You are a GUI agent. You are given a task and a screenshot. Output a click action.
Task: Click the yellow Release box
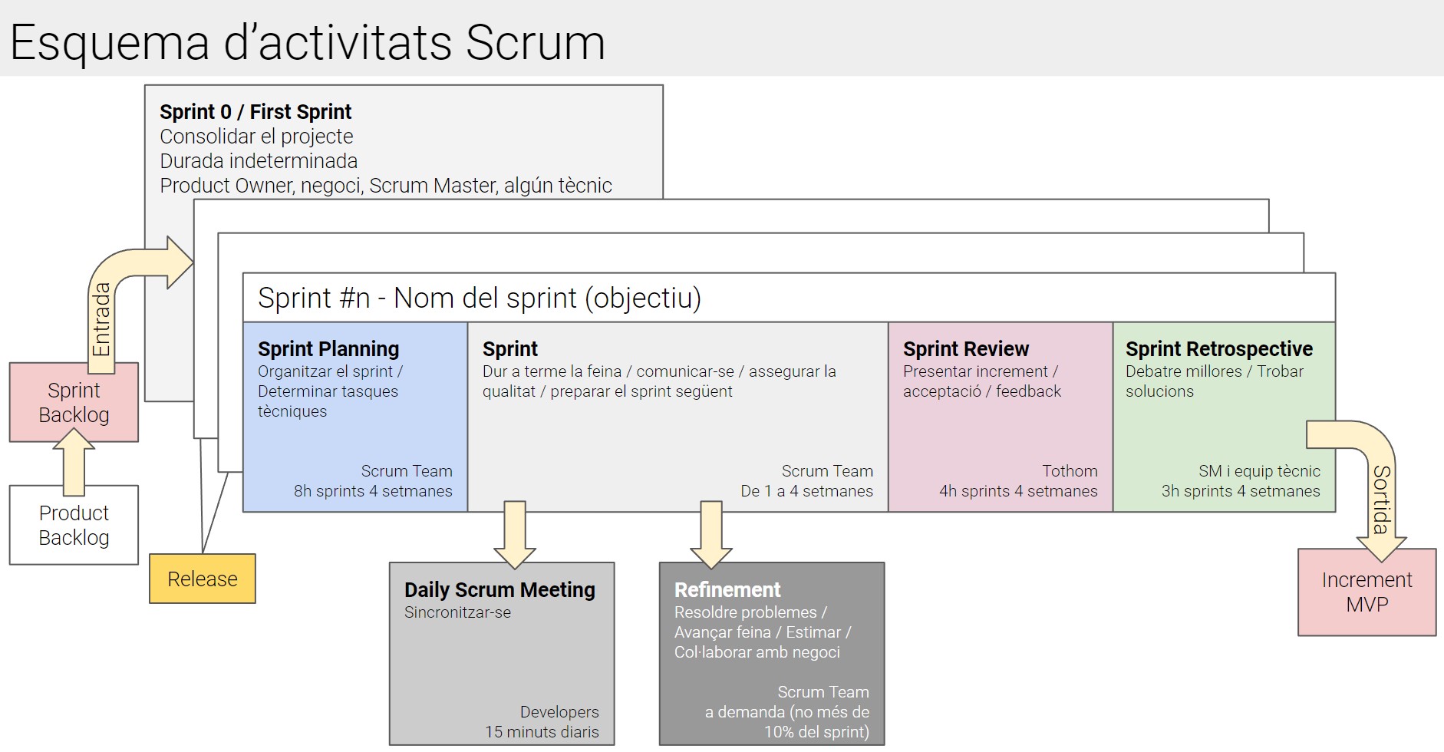(203, 579)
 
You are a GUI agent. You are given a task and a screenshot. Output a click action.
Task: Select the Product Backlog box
(74, 525)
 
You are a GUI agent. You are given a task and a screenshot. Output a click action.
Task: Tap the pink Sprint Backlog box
(74, 402)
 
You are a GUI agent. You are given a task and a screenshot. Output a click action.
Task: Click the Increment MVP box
(1367, 592)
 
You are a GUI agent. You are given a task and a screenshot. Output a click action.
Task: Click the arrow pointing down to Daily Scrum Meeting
(515, 535)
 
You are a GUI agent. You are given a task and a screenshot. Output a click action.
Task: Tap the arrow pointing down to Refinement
(711, 535)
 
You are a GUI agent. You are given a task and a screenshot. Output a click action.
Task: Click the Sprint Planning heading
(328, 349)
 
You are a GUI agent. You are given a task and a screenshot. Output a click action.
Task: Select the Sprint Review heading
(966, 349)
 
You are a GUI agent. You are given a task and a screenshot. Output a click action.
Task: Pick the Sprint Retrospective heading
(1219, 349)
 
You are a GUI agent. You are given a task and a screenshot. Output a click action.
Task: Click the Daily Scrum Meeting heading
(499, 589)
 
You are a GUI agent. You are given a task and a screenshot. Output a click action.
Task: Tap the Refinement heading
(727, 589)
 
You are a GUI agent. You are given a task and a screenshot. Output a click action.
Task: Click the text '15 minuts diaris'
(542, 732)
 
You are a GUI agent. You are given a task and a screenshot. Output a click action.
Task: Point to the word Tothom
(1070, 471)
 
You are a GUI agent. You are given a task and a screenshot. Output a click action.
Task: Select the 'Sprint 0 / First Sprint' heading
(256, 112)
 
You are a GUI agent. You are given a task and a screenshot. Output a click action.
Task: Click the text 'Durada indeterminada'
(259, 161)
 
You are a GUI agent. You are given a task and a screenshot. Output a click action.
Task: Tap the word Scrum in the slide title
(536, 42)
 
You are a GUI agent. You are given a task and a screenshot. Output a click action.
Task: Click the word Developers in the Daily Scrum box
(559, 712)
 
